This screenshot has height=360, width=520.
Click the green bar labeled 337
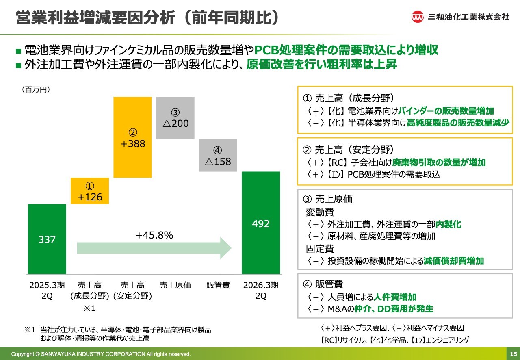[47, 239]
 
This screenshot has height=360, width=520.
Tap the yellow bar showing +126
[90, 191]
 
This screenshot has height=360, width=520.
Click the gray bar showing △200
[175, 118]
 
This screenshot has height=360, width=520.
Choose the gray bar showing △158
[218, 156]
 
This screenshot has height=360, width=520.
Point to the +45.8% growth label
[154, 235]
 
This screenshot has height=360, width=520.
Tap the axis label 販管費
[218, 285]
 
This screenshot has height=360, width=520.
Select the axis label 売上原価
[175, 285]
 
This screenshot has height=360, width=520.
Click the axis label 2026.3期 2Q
[261, 290]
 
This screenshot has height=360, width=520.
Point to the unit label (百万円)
[36, 89]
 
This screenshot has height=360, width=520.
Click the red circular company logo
[417, 17]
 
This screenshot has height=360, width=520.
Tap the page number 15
[513, 353]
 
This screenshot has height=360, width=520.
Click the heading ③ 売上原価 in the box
[328, 199]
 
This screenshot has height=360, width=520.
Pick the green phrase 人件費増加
[396, 297]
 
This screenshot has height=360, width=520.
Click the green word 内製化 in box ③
[448, 224]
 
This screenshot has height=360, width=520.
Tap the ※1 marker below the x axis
[89, 308]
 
